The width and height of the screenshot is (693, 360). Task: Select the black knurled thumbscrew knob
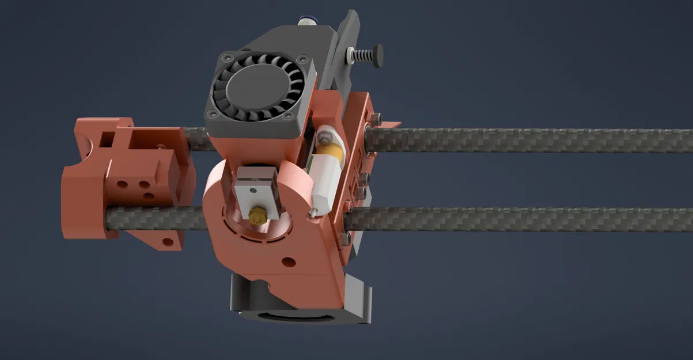[377, 55]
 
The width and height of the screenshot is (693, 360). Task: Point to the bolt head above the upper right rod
[376, 119]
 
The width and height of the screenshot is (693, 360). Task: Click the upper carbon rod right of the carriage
[518, 140]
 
